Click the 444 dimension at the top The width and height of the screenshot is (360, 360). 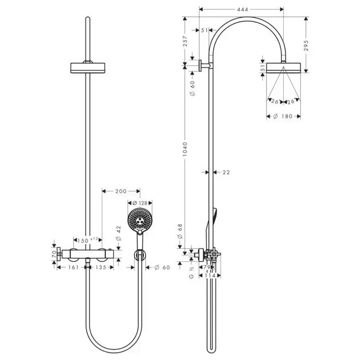[240, 9]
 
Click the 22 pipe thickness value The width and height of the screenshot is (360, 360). [226, 172]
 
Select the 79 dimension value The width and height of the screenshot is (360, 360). [207, 268]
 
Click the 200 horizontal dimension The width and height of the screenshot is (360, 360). [121, 192]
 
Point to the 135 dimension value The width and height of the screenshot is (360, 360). [102, 267]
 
